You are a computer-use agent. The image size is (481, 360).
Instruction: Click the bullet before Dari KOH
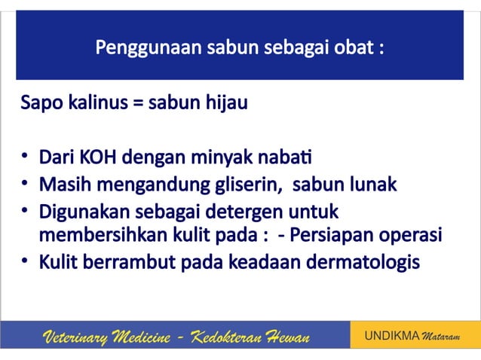point(26,160)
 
